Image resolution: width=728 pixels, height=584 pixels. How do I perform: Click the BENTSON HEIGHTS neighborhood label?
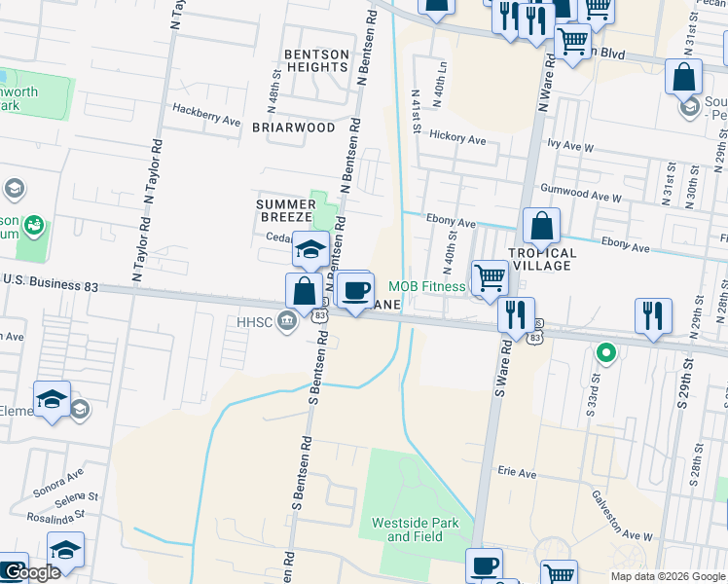[315, 59]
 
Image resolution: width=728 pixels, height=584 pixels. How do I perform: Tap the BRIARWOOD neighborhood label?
[293, 128]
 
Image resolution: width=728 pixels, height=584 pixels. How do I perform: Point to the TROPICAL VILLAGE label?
[543, 259]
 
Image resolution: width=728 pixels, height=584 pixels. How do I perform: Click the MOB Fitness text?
[427, 286]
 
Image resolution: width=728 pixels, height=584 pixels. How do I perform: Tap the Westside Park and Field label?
[415, 529]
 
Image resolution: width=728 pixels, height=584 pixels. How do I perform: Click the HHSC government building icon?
[286, 321]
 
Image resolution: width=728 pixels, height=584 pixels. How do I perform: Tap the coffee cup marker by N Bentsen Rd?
[355, 289]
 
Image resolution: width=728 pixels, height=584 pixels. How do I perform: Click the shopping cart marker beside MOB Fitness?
[490, 277]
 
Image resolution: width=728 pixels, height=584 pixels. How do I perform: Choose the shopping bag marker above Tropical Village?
[541, 226]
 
